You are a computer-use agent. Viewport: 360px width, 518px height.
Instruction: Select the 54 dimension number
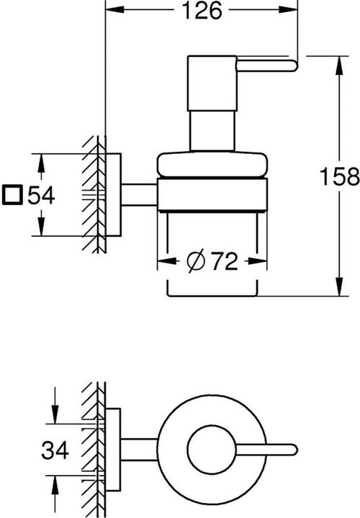coord(42,195)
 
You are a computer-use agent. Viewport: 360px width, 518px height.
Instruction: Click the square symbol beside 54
coord(13,195)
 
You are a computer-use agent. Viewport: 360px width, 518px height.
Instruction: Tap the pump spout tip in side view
coord(292,68)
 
